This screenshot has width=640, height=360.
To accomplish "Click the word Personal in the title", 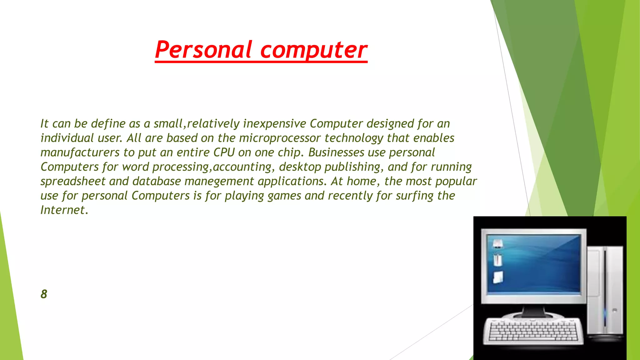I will (203, 50).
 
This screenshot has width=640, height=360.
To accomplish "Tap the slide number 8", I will (44, 294).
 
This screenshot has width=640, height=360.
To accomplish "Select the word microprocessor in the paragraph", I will (280, 138).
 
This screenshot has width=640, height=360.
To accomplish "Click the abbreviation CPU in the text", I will (224, 152).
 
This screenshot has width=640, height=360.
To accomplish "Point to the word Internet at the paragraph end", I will (64, 210).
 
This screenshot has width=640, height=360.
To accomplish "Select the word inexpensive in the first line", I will (274, 124).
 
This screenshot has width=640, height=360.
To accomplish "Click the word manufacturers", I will (80, 152).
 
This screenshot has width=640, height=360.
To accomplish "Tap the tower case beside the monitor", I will (605, 291).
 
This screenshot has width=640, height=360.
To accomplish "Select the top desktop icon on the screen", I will (497, 243).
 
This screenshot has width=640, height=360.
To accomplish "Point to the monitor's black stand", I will (533, 311).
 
